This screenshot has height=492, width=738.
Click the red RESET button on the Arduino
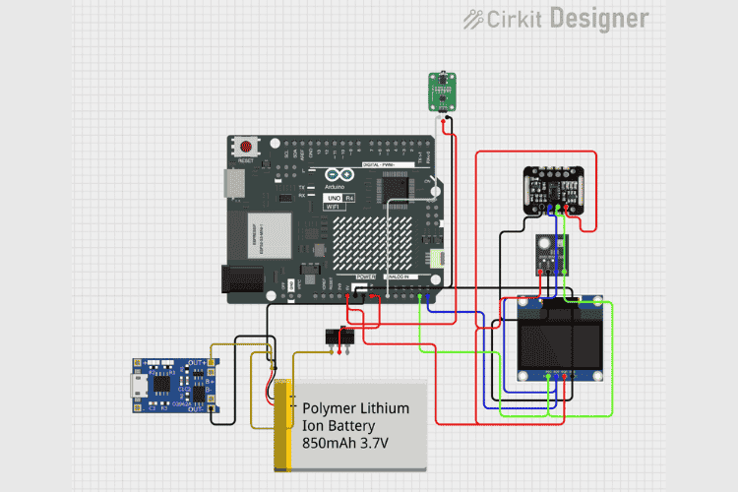click(x=246, y=149)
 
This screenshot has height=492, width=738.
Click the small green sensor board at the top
click(x=441, y=92)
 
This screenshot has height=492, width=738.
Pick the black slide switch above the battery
click(x=340, y=338)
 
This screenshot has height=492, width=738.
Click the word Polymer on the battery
click(x=331, y=408)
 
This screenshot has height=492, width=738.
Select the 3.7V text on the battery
click(x=375, y=445)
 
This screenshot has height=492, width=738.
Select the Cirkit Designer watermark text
click(x=557, y=19)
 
